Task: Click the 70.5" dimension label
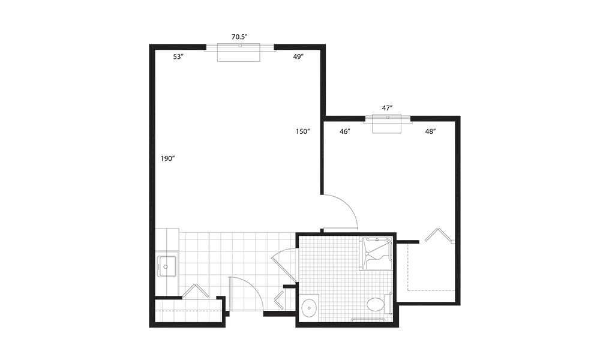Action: click(x=239, y=37)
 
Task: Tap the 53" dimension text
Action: click(x=178, y=56)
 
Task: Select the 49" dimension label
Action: click(x=298, y=56)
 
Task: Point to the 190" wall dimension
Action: click(x=167, y=158)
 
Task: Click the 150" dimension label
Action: click(x=302, y=131)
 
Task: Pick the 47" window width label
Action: click(x=387, y=108)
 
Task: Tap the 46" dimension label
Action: click(x=345, y=131)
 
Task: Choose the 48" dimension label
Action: click(x=430, y=131)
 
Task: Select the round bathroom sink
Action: click(x=308, y=307)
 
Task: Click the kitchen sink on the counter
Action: click(x=167, y=266)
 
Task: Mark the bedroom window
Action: click(x=387, y=123)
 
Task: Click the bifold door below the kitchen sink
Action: click(x=195, y=291)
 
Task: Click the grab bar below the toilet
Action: click(x=369, y=320)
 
